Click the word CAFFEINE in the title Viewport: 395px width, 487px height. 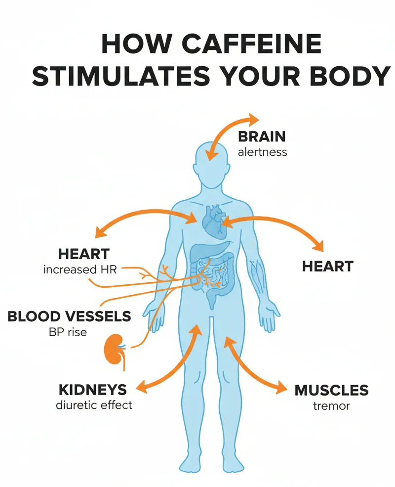tap(254, 44)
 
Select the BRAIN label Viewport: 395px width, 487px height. tap(262, 136)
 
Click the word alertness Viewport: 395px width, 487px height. tap(262, 152)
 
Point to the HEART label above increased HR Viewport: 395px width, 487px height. tap(84, 254)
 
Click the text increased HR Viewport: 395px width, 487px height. tap(80, 269)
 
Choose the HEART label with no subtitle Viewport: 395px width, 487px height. tap(328, 266)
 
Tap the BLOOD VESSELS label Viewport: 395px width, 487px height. tap(69, 316)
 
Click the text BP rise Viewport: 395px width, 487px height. tap(68, 332)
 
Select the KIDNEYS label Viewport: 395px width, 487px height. tap(93, 390)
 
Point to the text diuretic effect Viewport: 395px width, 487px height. tap(94, 405)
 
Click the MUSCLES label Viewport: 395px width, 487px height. tap(331, 391)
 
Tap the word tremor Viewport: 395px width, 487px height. tap(331, 406)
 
